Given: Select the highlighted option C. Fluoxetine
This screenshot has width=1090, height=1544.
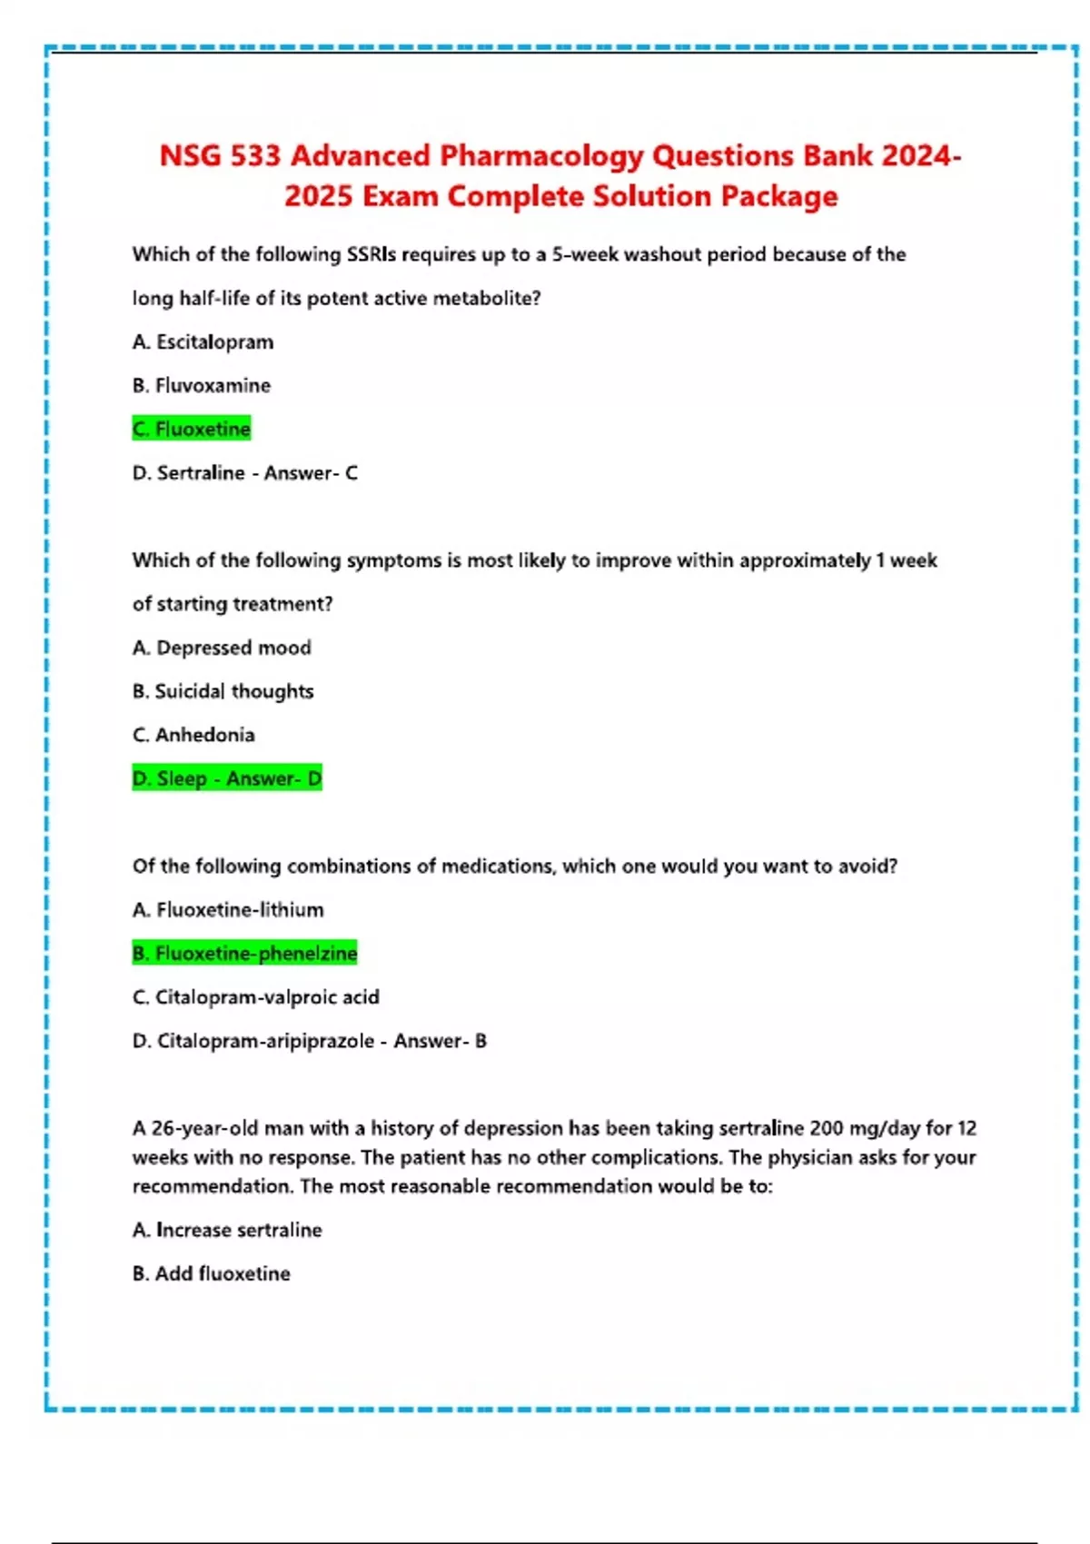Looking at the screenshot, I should click(192, 429).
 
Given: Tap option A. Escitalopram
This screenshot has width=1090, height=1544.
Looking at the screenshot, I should click(203, 342).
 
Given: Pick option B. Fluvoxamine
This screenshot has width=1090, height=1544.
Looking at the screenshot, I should click(202, 386).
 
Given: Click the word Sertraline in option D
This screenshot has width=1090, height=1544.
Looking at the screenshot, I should click(201, 473).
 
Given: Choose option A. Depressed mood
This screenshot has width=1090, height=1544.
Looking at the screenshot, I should click(222, 648).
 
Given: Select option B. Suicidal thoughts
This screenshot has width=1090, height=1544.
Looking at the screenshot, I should click(223, 691).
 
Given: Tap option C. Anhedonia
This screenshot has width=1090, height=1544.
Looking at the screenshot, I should click(193, 735).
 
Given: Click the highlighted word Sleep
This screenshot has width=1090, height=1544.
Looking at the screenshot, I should click(182, 778).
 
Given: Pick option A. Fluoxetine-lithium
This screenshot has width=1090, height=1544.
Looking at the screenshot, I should click(228, 910).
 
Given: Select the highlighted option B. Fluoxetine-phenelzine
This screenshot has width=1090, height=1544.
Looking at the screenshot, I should click(244, 954).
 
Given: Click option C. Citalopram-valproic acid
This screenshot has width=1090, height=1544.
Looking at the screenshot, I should click(255, 997).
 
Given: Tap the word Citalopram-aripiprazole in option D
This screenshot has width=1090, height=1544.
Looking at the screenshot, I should click(265, 1041).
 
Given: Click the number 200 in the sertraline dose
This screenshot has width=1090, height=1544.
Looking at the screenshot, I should click(826, 1128).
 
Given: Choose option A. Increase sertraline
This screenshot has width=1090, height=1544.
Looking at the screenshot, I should click(227, 1230).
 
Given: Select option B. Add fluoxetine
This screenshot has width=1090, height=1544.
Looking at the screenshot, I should click(211, 1273).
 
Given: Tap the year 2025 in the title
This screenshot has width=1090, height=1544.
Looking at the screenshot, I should click(318, 196).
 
